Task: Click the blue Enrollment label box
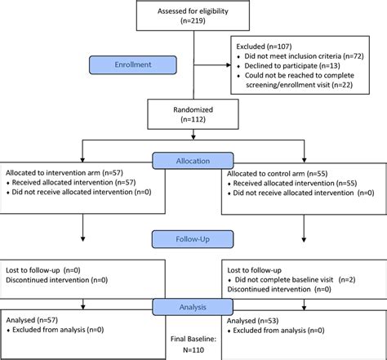pyautogui.click(x=133, y=64)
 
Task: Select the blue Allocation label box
pyautogui.click(x=193, y=161)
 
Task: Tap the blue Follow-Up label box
pyautogui.click(x=193, y=239)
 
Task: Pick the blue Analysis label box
pyautogui.click(x=193, y=307)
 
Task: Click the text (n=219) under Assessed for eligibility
pyautogui.click(x=193, y=20)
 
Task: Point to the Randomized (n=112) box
pyautogui.click(x=193, y=114)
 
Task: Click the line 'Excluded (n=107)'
pyautogui.click(x=264, y=47)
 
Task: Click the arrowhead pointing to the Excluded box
pyautogui.click(x=229, y=65)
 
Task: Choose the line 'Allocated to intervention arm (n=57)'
pyautogui.click(x=64, y=173)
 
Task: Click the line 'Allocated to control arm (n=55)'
pyautogui.click(x=277, y=174)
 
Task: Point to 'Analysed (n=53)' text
pyautogui.click(x=252, y=321)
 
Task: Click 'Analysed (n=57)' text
pyautogui.click(x=32, y=320)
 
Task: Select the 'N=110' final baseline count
pyautogui.click(x=193, y=350)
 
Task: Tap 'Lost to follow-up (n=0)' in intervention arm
pyautogui.click(x=43, y=270)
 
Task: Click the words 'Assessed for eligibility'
pyautogui.click(x=193, y=11)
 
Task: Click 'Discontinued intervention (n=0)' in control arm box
pyautogui.click(x=279, y=289)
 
